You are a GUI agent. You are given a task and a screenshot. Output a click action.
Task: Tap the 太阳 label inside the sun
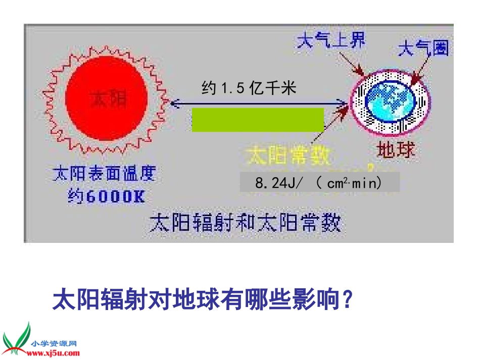(x=108, y=99)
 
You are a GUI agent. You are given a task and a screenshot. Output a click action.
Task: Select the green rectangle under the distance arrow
(x=258, y=120)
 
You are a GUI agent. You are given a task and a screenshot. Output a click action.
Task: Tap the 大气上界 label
(x=331, y=40)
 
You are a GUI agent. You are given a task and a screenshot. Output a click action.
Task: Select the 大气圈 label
(x=423, y=49)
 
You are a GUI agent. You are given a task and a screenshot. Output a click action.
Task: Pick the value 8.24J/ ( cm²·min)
(x=319, y=183)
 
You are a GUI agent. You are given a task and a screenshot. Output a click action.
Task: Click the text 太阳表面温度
(x=105, y=174)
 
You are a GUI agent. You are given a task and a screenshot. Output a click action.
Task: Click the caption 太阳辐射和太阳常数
(x=245, y=223)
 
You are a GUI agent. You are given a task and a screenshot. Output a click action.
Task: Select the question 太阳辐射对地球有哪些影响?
(x=202, y=300)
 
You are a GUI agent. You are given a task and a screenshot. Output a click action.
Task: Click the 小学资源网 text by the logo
(x=54, y=343)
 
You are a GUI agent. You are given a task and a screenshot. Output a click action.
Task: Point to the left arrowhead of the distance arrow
(x=174, y=104)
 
